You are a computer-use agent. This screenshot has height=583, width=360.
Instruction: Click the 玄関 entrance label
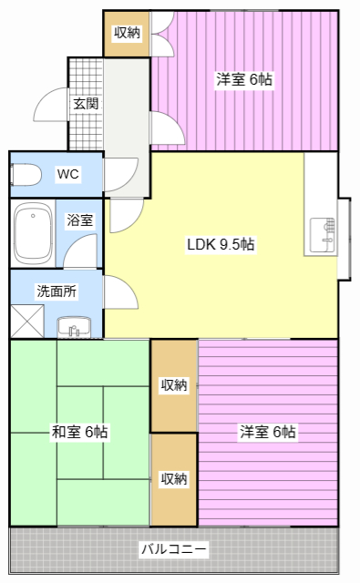click(86, 103)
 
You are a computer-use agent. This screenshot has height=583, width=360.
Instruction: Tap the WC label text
click(68, 174)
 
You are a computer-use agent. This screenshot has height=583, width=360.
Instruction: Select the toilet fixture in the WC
click(26, 174)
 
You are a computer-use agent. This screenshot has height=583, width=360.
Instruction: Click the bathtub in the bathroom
click(33, 233)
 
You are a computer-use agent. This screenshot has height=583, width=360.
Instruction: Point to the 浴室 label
click(80, 220)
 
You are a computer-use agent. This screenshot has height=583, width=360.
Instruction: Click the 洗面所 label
click(57, 291)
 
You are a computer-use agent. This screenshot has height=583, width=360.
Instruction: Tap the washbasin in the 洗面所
click(74, 327)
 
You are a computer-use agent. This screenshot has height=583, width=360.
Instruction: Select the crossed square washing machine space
click(27, 322)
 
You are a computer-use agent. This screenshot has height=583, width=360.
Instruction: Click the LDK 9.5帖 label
click(221, 244)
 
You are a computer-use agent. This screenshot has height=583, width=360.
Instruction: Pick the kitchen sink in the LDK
click(323, 236)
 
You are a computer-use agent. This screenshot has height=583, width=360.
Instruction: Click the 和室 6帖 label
click(79, 432)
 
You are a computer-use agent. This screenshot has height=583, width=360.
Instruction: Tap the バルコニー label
click(173, 548)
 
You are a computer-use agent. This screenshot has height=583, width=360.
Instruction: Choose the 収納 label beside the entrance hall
click(127, 33)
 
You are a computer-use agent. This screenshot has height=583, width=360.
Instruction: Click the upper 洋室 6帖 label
click(244, 79)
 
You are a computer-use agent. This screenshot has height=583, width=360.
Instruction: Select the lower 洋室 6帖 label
click(267, 432)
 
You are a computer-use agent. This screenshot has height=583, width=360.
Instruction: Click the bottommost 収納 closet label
click(174, 479)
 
